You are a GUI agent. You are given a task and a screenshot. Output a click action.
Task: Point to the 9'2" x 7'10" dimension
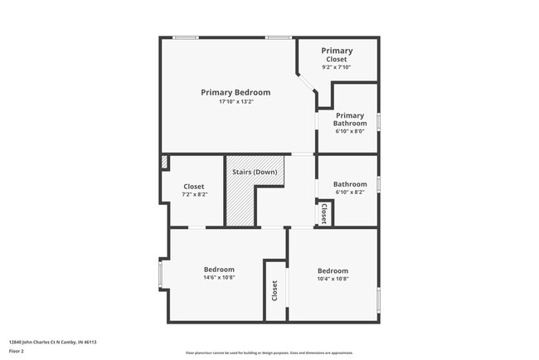337,67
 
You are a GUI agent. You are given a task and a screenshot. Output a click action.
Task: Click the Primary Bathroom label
350,119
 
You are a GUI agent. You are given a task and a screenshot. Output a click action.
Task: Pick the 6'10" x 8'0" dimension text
350,131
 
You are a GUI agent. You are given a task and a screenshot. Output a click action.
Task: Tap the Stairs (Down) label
255,172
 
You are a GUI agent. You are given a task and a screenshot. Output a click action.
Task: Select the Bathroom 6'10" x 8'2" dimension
350,192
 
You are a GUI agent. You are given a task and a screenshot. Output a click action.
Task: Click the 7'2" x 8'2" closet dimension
194,196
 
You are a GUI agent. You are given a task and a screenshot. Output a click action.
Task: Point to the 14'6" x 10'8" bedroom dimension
220,279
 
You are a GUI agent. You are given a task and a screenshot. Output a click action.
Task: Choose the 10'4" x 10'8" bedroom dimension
333,280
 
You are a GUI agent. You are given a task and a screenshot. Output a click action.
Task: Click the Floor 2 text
17,351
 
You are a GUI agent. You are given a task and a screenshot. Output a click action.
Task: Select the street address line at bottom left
53,342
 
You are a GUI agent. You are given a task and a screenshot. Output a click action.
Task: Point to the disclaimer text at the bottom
269,353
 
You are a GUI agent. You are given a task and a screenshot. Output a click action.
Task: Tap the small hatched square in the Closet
164,162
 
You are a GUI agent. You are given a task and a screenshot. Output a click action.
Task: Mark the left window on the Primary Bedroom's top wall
185,36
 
